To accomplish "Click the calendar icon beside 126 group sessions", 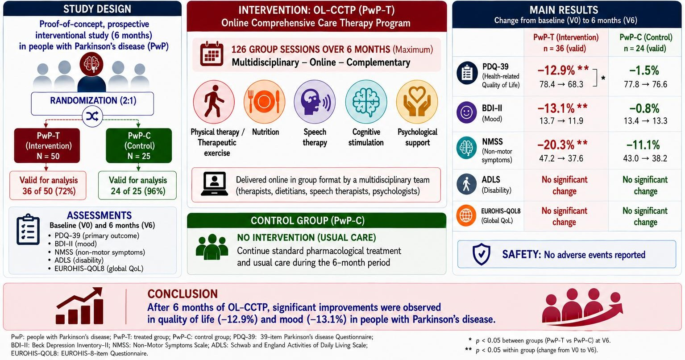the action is [212, 54].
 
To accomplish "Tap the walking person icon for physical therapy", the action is [214, 101].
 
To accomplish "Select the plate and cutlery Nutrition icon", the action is [264, 101].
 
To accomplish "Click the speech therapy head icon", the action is [315, 101].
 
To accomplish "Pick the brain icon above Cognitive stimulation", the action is [366, 101].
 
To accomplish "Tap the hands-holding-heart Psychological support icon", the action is [417, 101].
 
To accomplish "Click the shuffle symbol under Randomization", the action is [92, 116].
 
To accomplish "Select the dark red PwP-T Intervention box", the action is [47, 145].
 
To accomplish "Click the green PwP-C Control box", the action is [139, 145].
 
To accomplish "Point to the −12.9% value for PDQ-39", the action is [556, 70].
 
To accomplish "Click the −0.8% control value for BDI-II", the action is [644, 108].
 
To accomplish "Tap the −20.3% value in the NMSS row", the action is [556, 145].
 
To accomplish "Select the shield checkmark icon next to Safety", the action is [482, 254].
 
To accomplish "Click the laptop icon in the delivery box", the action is [214, 184].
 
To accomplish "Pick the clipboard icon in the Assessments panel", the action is [28, 229].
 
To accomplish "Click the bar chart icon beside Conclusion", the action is [79, 306].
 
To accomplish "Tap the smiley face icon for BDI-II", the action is [467, 112].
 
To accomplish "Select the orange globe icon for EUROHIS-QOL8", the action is [466, 215].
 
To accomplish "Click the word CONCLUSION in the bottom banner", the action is [183, 294].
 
